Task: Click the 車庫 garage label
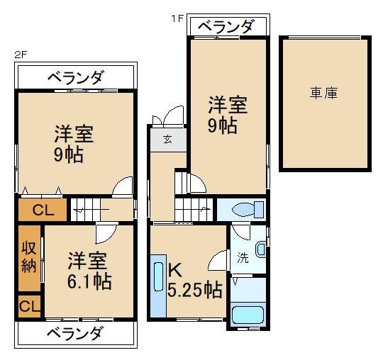[x=323, y=92]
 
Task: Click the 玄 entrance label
[x=167, y=139]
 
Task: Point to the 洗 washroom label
[x=243, y=258]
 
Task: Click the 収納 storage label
[x=28, y=257]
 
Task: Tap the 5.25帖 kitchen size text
[x=194, y=289]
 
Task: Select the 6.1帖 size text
[x=89, y=281]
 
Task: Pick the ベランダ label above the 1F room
[x=226, y=27]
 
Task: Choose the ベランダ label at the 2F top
[x=76, y=77]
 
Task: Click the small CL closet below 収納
[x=29, y=306]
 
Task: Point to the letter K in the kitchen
[x=176, y=270]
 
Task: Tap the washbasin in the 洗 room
[x=261, y=249]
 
